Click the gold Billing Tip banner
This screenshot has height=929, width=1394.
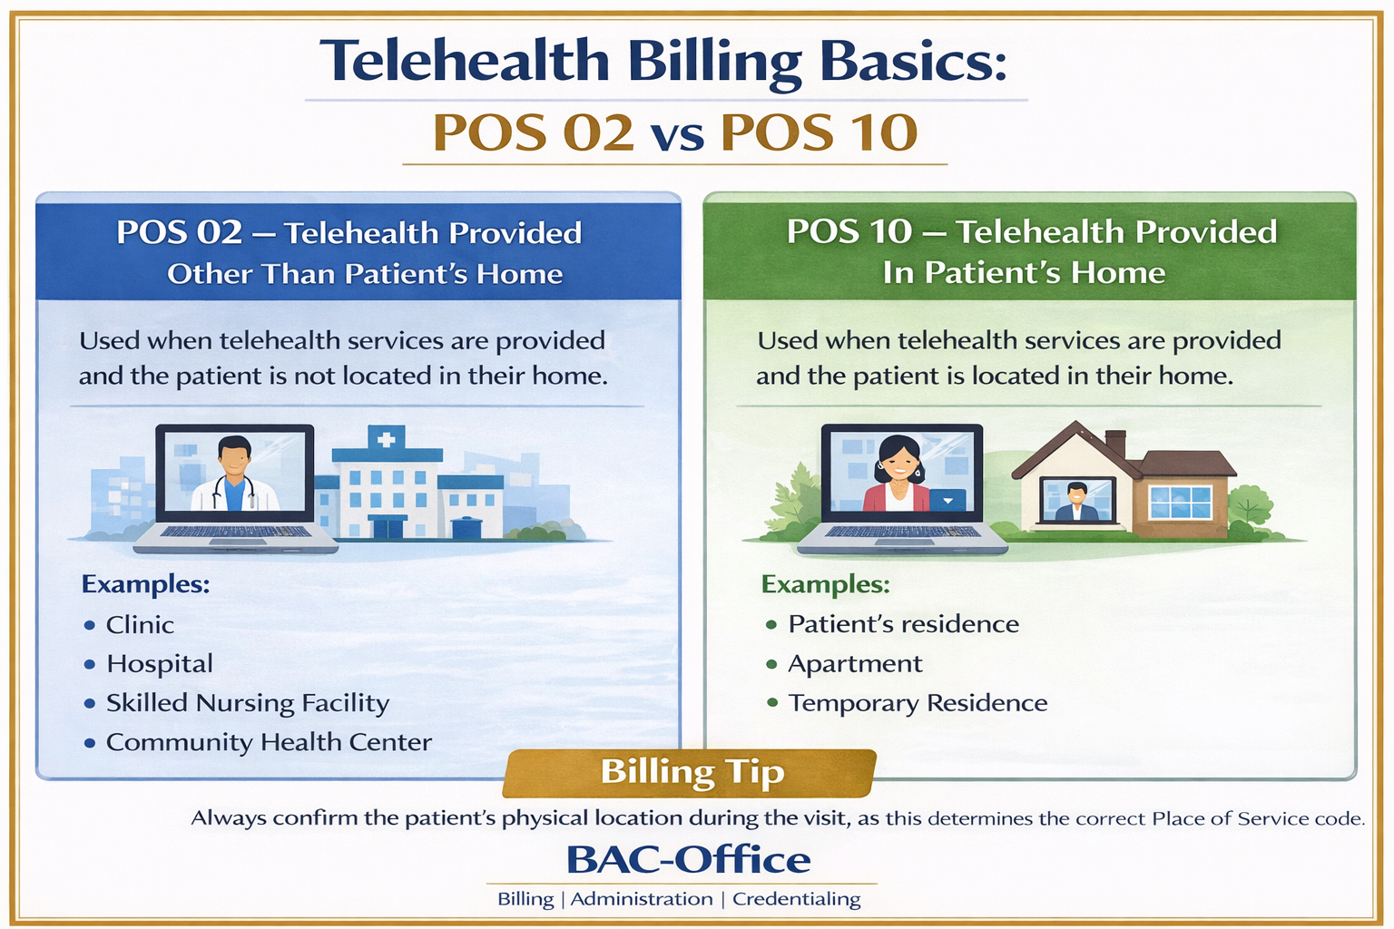point(690,773)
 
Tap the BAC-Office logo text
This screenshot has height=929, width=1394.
point(688,859)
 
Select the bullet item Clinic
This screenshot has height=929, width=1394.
point(140,625)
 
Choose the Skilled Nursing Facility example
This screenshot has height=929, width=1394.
point(248,703)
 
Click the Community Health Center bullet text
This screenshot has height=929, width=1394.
point(269,742)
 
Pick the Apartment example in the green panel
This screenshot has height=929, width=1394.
point(855,665)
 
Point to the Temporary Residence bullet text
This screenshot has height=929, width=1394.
point(918,703)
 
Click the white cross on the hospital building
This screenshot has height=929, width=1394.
point(387,440)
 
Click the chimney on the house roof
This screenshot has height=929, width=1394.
point(1115,444)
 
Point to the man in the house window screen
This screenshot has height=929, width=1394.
point(1076,502)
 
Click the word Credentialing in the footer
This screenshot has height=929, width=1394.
point(797,899)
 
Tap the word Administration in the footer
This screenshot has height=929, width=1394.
point(642,899)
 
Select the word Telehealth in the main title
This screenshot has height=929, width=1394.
point(465,61)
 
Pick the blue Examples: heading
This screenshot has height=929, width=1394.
point(145,584)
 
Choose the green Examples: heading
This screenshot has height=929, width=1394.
point(826,584)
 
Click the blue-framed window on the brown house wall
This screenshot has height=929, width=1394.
point(1180,503)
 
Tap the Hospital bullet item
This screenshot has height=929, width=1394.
point(160,665)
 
